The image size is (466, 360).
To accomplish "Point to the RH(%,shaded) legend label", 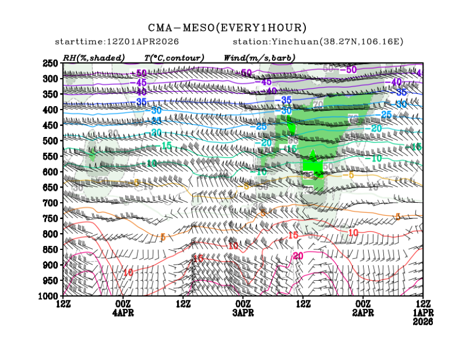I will (x=94, y=57).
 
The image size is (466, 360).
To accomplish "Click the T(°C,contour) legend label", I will (x=174, y=57).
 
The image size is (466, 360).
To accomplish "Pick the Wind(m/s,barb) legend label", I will (x=259, y=57).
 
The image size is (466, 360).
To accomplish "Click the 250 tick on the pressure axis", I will (x=51, y=63).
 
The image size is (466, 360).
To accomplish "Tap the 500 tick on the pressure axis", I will (x=51, y=140).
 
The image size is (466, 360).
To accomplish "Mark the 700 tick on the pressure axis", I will (x=51, y=202).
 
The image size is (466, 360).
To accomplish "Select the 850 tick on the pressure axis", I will (x=51, y=249).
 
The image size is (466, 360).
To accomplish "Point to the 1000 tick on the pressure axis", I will (x=49, y=295).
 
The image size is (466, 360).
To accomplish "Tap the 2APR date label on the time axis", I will (x=363, y=312).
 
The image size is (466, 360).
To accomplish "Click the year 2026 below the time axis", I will (x=423, y=322).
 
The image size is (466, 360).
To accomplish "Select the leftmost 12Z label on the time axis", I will (x=63, y=304).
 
